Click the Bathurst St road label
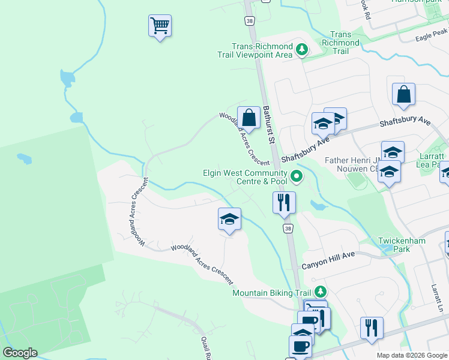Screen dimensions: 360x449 pos(268,125)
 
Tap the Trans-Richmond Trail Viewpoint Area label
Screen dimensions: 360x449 pos(263,50)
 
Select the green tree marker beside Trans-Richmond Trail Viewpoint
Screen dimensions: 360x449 pos(303,49)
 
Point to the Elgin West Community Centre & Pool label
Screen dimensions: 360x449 pos(244,177)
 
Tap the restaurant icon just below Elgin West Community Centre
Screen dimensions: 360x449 pos(283,202)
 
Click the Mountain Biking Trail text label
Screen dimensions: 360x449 pos(271,293)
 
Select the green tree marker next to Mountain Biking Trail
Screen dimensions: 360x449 pos(321,292)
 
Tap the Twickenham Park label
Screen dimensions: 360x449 pos(402,245)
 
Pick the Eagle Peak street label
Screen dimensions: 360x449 pos(432,36)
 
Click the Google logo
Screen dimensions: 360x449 pos(20,353)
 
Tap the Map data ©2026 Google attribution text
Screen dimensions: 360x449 pos(412,355)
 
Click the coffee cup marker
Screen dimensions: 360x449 pos(300,346)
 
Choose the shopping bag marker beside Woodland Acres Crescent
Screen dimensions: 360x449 pos(249,118)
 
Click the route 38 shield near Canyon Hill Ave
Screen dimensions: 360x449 pos(288,229)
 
